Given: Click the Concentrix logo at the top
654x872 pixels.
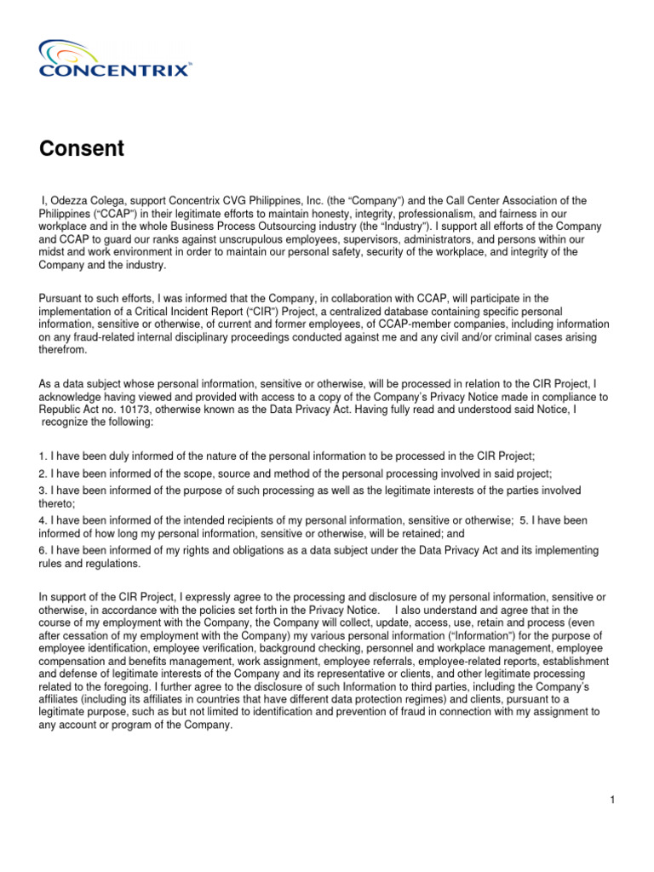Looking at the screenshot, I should (x=114, y=59).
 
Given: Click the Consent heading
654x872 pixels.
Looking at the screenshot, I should (x=82, y=149).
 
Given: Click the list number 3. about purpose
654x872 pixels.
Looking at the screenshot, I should (x=43, y=490).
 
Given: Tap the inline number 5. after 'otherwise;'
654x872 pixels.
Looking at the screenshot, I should (x=525, y=520).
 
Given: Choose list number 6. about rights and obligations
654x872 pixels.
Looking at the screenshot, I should (x=43, y=551).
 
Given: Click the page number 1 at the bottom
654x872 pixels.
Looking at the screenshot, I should (x=612, y=799).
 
